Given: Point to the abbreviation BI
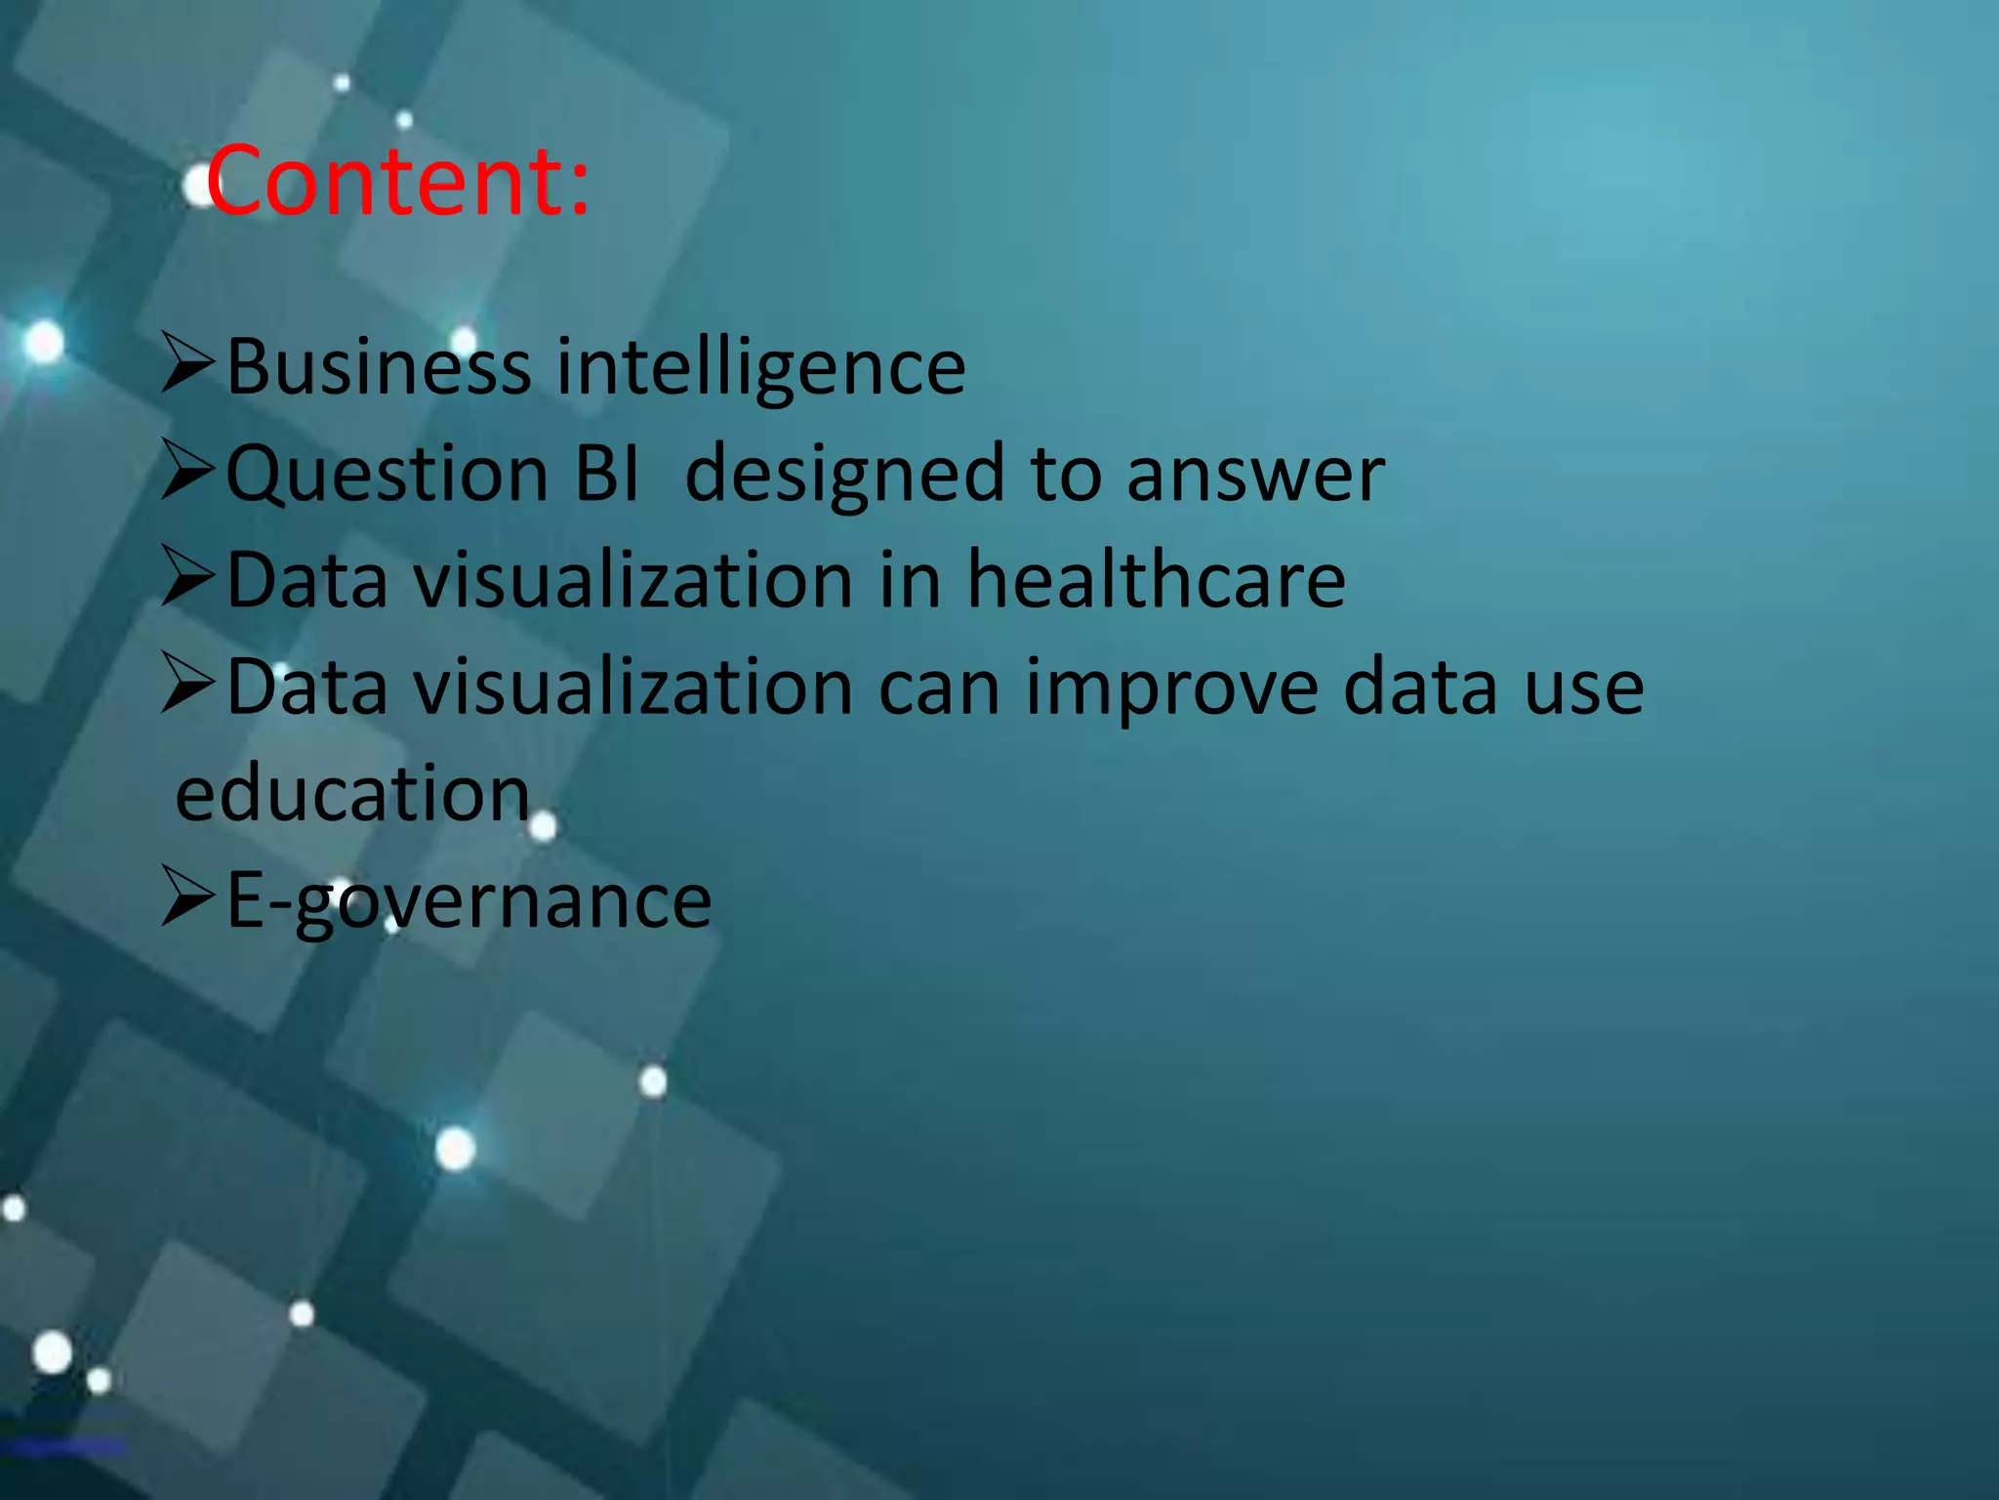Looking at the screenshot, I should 607,474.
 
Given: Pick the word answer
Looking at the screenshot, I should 1255,476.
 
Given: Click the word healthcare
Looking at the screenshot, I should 1156,580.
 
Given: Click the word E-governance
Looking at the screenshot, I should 469,900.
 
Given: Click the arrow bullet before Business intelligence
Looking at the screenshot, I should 187,363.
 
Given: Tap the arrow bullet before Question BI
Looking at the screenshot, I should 187,471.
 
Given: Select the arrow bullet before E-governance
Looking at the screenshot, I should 187,896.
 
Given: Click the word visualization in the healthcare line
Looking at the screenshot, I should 632,580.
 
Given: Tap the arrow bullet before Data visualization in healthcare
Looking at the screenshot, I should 187,577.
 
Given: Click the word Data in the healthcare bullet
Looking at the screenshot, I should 307,580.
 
